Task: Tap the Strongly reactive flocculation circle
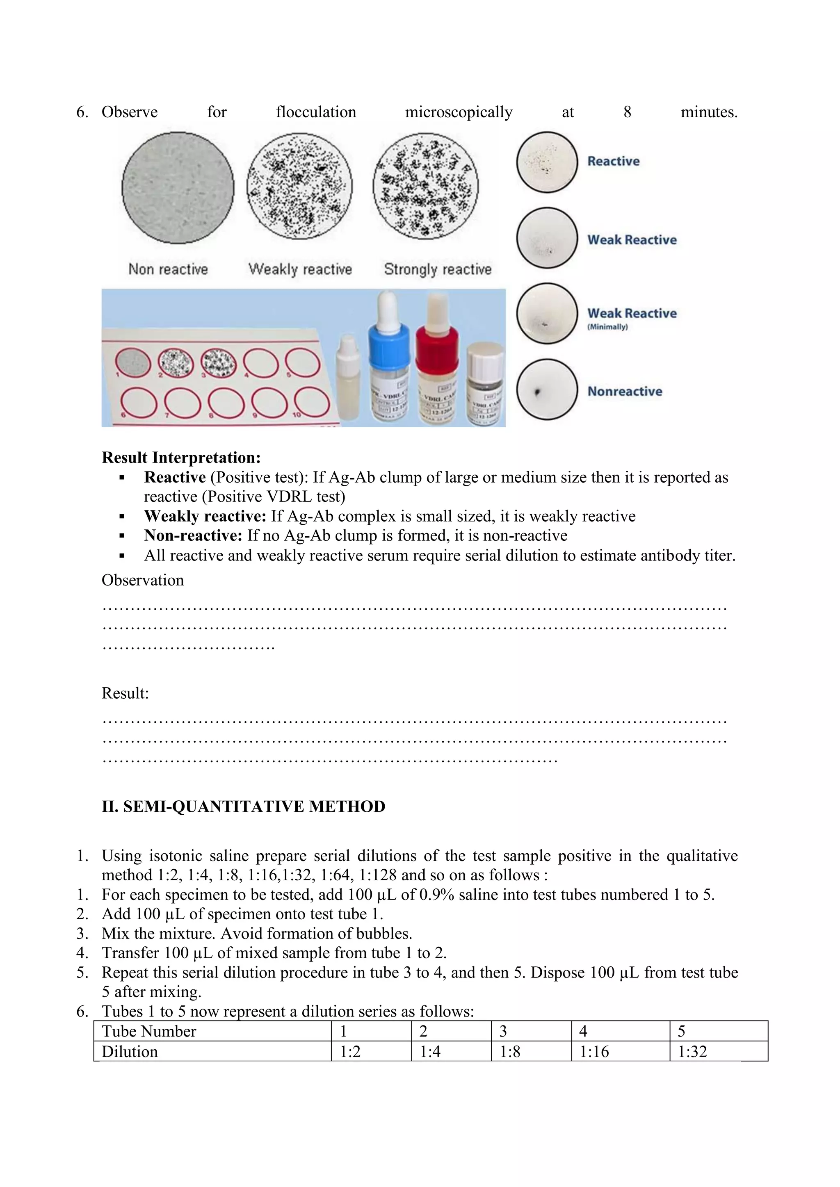point(425,186)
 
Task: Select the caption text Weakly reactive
point(300,269)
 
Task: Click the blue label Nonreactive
point(624,391)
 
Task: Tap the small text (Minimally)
point(607,327)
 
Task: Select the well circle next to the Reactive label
point(547,162)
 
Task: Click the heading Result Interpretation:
point(181,458)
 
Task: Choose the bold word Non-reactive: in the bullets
point(193,535)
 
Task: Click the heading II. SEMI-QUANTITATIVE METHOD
point(243,807)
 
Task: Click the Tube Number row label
point(149,1031)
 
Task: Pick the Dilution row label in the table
point(130,1052)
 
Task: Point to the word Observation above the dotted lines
point(143,580)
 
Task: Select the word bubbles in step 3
point(385,934)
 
